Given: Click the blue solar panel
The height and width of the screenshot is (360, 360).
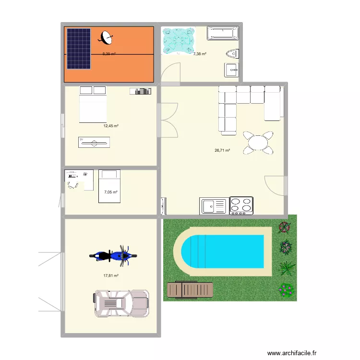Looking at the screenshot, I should [x=78, y=48].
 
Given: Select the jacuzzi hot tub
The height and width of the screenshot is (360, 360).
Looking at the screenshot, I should [x=179, y=40].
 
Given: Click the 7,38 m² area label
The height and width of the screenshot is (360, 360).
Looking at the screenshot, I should [x=200, y=54].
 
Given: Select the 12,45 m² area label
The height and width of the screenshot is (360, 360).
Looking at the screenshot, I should [x=111, y=126].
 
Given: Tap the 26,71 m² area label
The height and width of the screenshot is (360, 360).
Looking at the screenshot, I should [x=222, y=150].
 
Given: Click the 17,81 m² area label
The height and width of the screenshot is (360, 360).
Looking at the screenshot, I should [x=111, y=276].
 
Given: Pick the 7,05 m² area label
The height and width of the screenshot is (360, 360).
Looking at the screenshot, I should [x=111, y=192].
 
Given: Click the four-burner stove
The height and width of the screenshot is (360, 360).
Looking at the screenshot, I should [x=241, y=205].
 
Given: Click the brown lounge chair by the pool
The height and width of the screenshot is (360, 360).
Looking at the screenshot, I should [x=190, y=289].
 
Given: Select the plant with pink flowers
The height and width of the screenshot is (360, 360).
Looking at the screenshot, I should [x=286, y=289].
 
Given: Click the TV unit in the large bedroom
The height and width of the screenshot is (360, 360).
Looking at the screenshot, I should [x=94, y=142].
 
